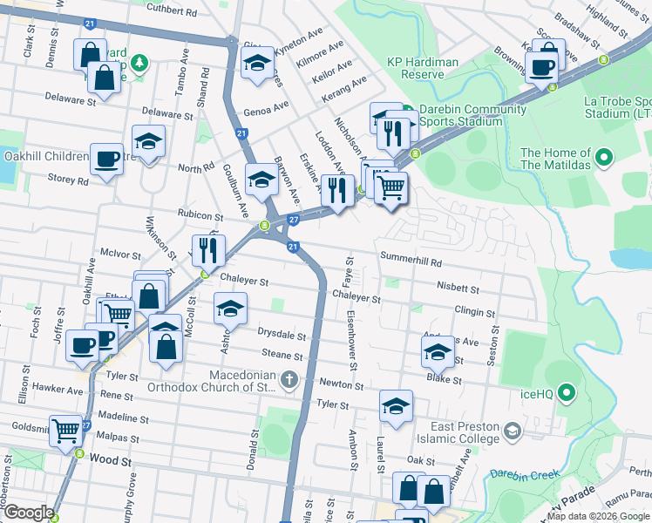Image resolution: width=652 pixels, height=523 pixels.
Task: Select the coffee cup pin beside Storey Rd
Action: [x=106, y=160]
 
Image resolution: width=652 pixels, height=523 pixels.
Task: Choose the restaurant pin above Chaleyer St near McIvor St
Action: [x=208, y=251]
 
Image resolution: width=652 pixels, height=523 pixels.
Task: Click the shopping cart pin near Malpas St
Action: [x=67, y=431]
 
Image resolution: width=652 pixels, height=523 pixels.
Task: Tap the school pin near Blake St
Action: [x=438, y=352]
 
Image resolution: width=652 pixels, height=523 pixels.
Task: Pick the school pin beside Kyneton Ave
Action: [x=257, y=64]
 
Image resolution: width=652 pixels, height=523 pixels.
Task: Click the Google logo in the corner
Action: [x=28, y=513]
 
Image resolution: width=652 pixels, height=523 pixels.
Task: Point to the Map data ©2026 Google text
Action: [x=598, y=516]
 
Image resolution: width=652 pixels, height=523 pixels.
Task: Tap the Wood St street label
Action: [x=109, y=458]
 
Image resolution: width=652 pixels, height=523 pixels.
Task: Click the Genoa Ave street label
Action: [x=266, y=110]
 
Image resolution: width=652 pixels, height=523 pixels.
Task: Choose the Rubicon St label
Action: [x=201, y=214]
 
